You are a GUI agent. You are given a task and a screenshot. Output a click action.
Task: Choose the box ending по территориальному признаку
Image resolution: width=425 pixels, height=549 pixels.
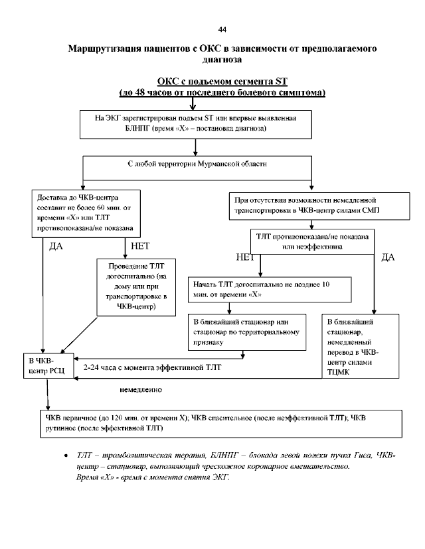coord(247,331)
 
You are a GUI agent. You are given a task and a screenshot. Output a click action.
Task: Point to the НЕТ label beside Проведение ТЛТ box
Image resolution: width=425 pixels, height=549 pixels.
coord(141,247)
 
